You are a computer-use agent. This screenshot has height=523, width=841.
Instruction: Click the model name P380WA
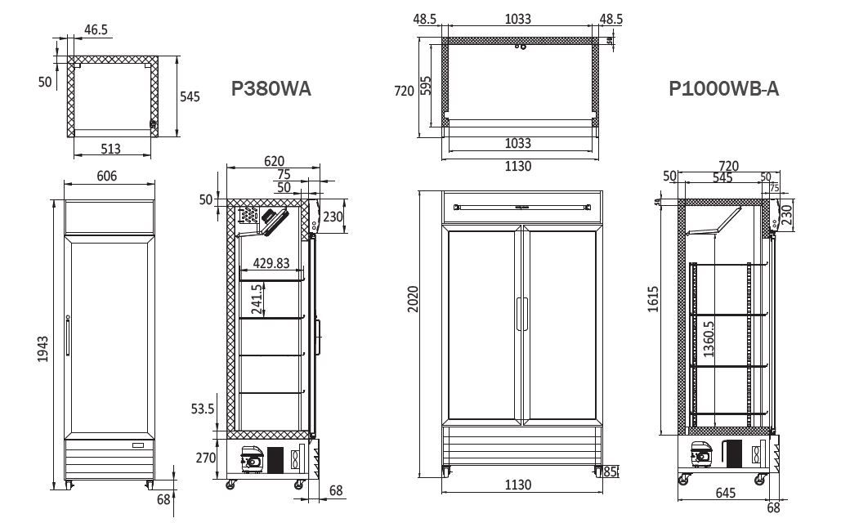pyautogui.click(x=271, y=89)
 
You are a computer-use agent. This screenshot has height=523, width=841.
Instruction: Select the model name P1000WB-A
pyautogui.click(x=723, y=89)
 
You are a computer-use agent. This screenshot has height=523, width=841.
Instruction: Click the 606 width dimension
pyautogui.click(x=107, y=176)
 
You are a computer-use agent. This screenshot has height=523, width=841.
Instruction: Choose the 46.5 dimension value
pyautogui.click(x=96, y=29)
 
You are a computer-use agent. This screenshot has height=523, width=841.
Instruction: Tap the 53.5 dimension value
pyautogui.click(x=202, y=409)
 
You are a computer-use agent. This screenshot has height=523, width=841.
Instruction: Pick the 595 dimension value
pyautogui.click(x=427, y=86)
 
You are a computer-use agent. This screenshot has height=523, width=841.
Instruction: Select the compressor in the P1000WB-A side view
pyautogui.click(x=704, y=454)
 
